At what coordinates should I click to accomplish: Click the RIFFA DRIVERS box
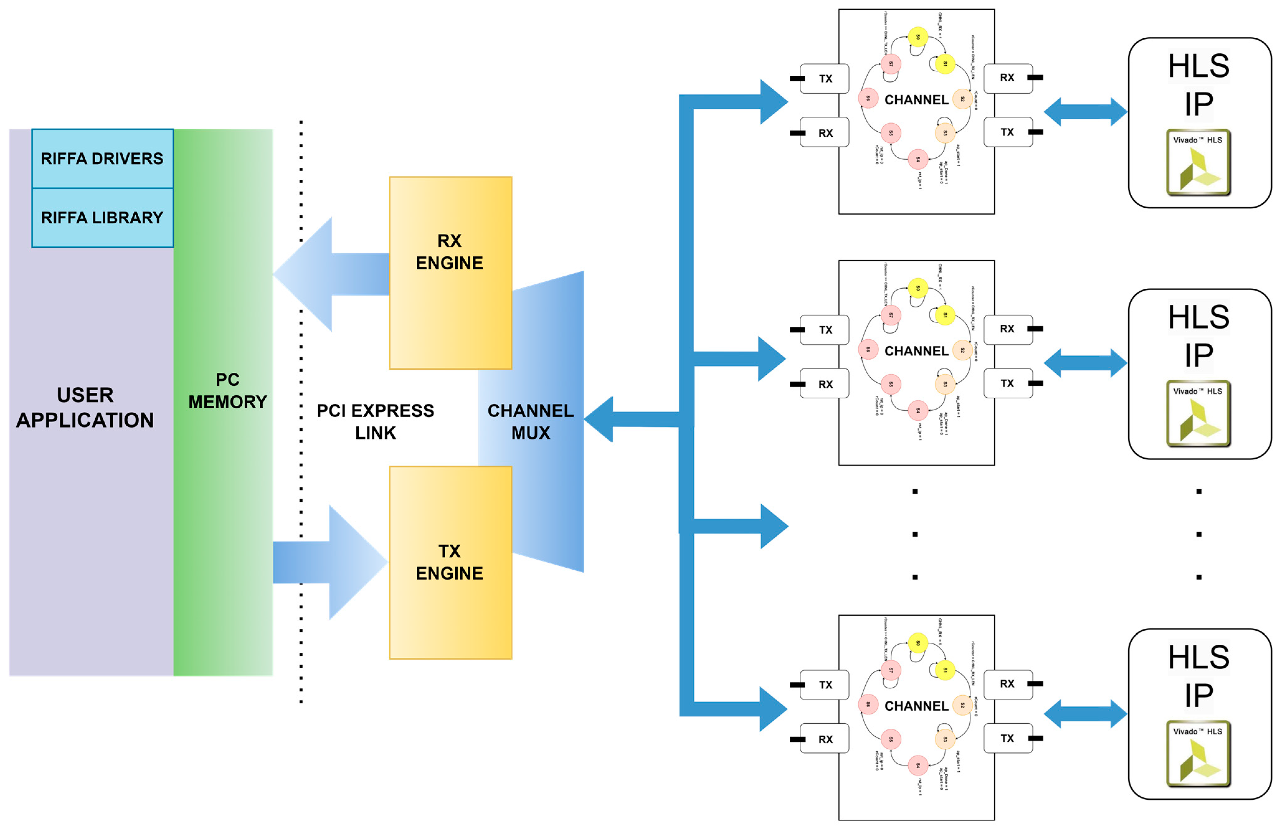point(102,159)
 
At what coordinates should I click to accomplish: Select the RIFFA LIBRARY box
point(102,217)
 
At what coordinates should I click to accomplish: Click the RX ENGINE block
point(450,272)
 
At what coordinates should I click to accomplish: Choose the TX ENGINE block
point(450,562)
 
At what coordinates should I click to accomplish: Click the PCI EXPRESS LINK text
point(375,421)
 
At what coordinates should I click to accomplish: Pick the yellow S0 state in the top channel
point(918,37)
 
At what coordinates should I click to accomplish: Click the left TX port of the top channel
point(825,78)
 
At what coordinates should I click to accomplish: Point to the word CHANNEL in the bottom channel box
point(916,706)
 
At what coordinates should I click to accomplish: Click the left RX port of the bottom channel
point(825,739)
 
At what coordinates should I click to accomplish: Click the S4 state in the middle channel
point(918,410)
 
